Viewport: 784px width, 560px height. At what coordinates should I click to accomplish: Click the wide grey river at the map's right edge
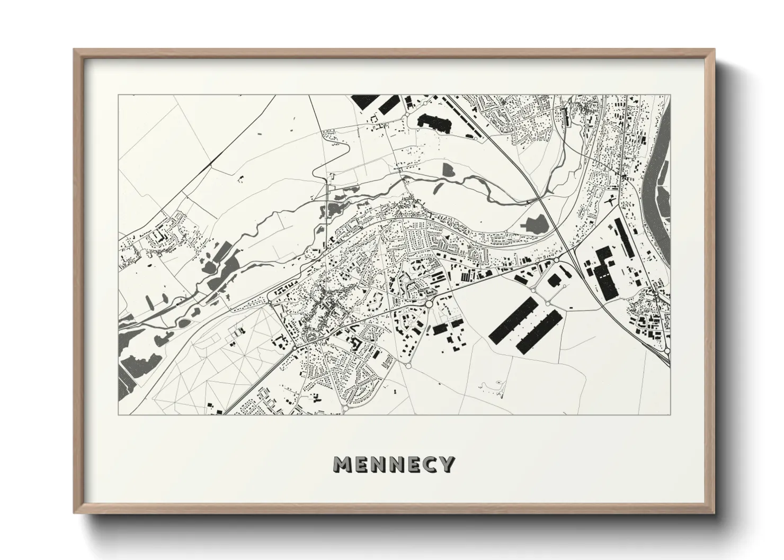click(x=659, y=175)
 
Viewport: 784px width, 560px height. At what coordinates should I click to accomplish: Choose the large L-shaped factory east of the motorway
click(x=604, y=270)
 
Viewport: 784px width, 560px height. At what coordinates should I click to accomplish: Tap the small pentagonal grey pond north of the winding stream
click(x=448, y=169)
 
